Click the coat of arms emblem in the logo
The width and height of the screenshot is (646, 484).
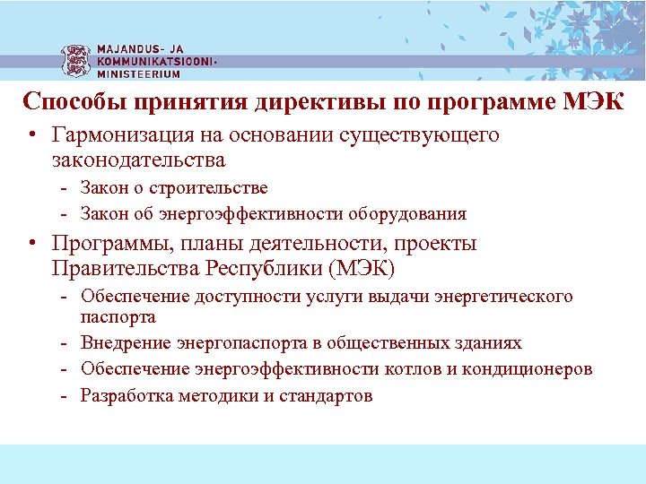click(76, 61)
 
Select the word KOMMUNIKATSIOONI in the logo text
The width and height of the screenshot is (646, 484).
click(155, 62)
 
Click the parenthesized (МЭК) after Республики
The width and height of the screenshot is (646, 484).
click(361, 269)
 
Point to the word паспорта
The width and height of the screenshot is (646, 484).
click(118, 317)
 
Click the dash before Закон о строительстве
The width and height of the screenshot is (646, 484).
click(65, 188)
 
